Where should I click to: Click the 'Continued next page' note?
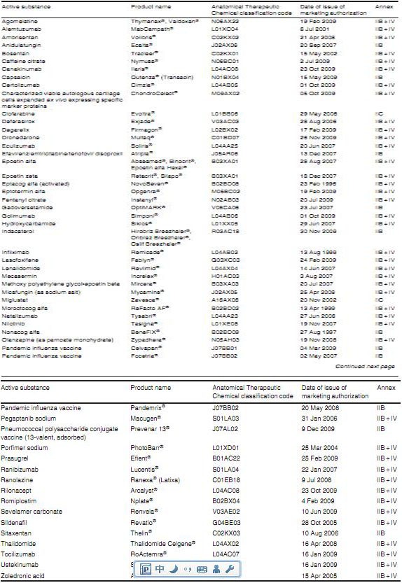365,366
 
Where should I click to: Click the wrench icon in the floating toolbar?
228,569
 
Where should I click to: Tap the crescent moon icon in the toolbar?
173,569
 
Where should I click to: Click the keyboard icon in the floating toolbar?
201,569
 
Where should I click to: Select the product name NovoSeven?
147,185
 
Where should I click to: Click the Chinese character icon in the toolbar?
160,569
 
